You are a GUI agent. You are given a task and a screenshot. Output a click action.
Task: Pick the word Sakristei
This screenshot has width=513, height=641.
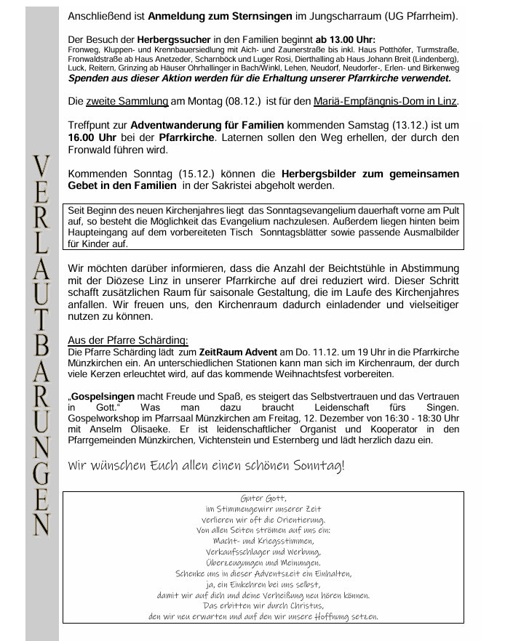pyautogui.click(x=263, y=187)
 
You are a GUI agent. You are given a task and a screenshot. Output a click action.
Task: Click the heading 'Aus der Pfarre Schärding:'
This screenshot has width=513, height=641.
pyautogui.click(x=128, y=339)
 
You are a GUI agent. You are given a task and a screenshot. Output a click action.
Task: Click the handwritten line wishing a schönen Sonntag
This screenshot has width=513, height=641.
pyautogui.click(x=207, y=465)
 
